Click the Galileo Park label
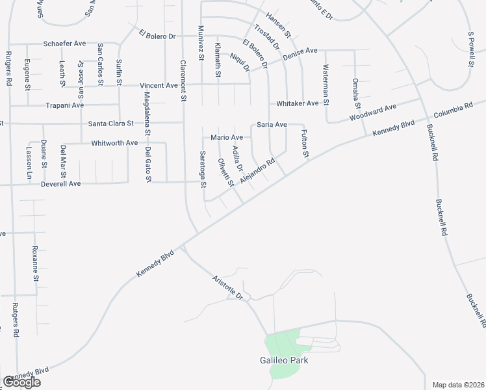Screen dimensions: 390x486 point(281,359)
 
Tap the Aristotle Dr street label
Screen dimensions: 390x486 point(227,287)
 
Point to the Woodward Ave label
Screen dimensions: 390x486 point(372,112)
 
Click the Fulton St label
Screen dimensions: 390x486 point(304,144)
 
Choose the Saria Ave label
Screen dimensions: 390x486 point(272,124)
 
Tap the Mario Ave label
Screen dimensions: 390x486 point(227,137)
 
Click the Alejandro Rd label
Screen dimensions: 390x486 point(258,170)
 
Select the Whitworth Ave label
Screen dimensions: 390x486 point(114,143)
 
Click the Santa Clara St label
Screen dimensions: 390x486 point(110,123)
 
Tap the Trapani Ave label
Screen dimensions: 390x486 point(65,105)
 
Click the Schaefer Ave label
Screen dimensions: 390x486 point(65,44)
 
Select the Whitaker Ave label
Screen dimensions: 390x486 point(297,103)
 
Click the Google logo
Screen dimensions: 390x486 point(21,382)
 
